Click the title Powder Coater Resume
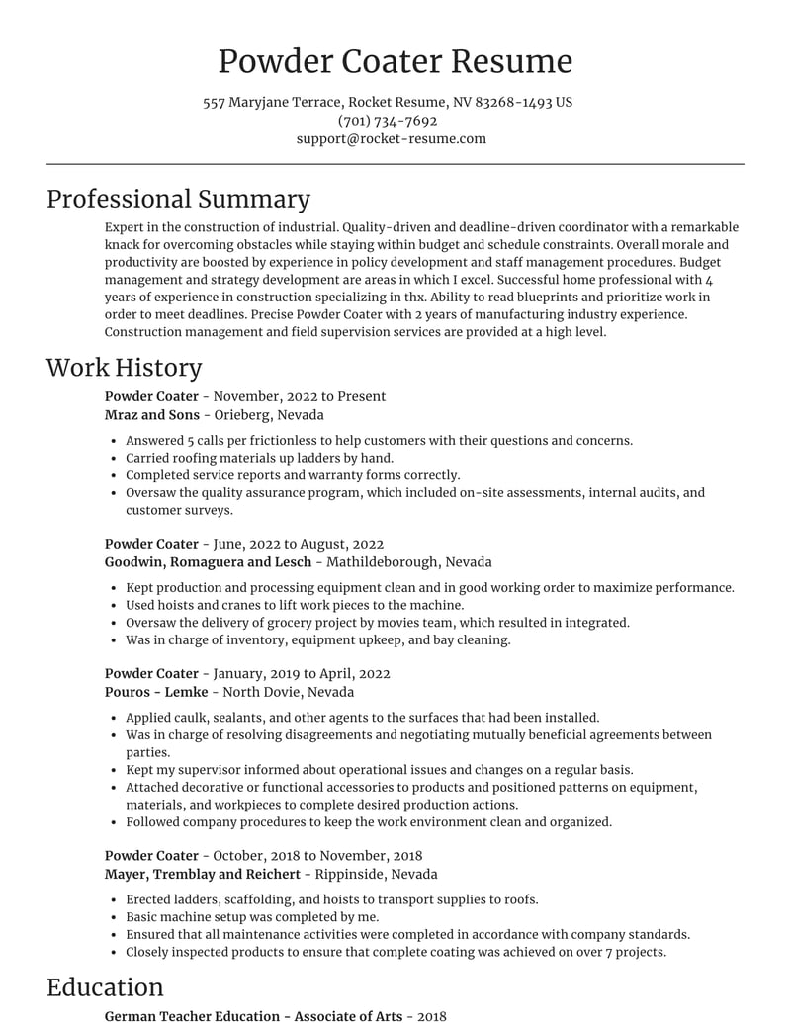395,61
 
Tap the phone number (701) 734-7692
388,121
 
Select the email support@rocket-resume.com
392,138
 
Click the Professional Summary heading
178,199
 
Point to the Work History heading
124,368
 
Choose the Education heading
105,987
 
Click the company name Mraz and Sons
151,415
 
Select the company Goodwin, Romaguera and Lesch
208,561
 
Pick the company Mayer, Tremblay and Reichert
202,874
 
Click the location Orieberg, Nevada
269,415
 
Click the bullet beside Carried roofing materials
116,458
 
